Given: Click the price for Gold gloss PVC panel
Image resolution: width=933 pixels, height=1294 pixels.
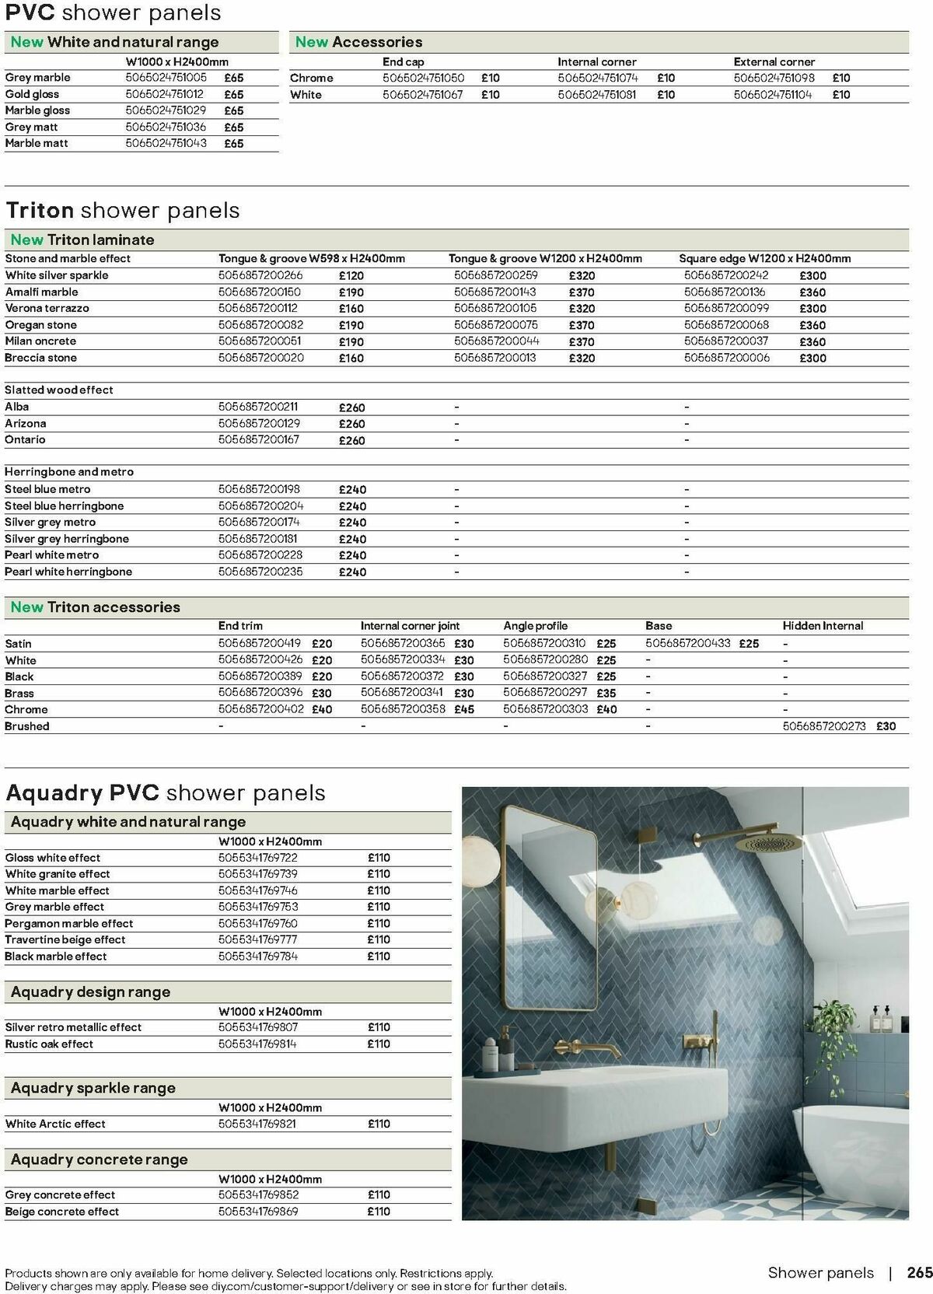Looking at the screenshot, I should [x=233, y=94].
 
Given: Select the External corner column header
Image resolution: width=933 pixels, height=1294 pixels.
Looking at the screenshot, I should [x=774, y=61].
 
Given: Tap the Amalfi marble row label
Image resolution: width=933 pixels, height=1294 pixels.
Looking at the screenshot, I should [x=41, y=292].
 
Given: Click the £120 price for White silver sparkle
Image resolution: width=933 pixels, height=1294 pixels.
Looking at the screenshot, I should [x=351, y=275].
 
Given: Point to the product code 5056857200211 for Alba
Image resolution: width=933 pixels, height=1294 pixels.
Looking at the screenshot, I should [x=258, y=407].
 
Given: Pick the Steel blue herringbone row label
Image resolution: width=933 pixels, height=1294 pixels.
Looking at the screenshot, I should [x=64, y=505].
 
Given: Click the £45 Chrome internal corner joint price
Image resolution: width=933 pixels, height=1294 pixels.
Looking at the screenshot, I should [x=464, y=709].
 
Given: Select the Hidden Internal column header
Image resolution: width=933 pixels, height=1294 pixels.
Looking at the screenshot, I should [x=823, y=625].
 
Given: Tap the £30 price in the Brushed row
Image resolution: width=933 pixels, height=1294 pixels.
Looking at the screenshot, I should [x=886, y=726].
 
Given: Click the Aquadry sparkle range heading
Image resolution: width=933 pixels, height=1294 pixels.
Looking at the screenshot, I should [x=93, y=1088].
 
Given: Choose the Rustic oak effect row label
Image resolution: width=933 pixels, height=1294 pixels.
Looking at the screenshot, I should [x=49, y=1044].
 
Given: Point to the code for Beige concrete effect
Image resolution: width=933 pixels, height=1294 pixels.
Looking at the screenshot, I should [x=258, y=1211].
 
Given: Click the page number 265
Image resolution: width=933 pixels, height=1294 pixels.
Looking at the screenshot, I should [x=919, y=1272].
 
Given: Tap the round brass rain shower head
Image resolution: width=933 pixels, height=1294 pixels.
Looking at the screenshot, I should [x=762, y=843].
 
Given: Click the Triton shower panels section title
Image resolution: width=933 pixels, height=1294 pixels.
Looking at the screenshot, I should [x=123, y=210].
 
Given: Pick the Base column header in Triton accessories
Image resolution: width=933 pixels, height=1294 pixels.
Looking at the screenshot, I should [x=659, y=625].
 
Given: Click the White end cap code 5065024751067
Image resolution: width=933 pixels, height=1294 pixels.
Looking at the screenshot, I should [x=423, y=94].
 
